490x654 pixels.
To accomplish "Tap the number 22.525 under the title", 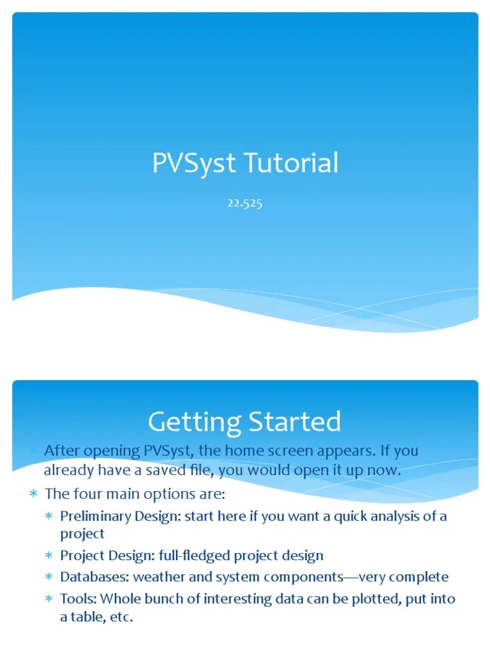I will pos(244,204).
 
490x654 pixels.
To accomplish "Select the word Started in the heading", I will pos(295,422).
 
